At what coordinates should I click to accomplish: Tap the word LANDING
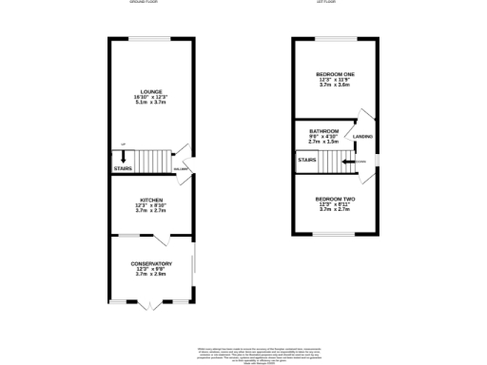tap(362, 138)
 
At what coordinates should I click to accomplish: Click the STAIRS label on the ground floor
tap(124, 169)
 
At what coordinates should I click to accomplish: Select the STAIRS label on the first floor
tap(307, 161)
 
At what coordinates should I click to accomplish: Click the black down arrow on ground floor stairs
tap(124, 157)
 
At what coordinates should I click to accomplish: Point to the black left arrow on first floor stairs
tap(349, 163)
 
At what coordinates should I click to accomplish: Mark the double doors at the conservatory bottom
tap(147, 305)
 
